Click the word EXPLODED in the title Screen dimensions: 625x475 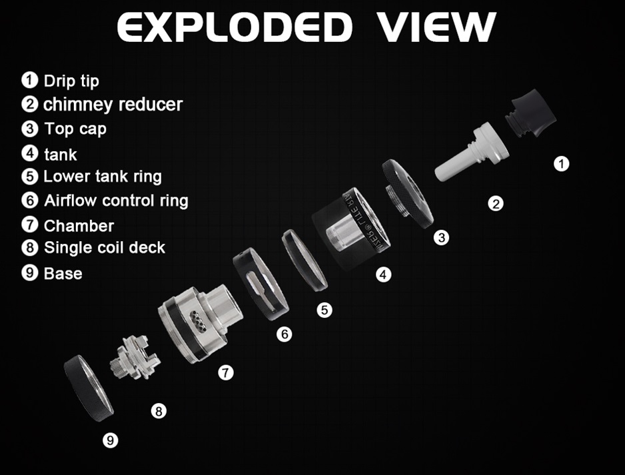click(x=235, y=27)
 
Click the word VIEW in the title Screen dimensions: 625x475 click(x=436, y=27)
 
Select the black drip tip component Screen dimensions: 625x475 click(x=530, y=113)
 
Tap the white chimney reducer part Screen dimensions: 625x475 click(x=472, y=152)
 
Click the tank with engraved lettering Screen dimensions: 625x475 click(x=351, y=230)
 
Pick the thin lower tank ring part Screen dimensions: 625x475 click(x=305, y=259)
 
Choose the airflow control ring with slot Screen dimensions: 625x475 click(x=261, y=284)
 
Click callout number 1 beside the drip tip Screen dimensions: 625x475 click(x=561, y=163)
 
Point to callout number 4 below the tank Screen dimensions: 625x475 click(x=383, y=274)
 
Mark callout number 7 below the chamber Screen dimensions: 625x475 click(x=226, y=372)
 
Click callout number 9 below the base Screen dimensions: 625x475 click(x=111, y=440)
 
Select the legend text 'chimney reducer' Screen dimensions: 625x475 click(x=113, y=105)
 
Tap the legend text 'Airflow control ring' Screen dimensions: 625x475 click(x=116, y=201)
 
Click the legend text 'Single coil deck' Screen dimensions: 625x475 click(x=105, y=248)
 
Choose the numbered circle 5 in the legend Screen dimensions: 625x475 click(x=29, y=177)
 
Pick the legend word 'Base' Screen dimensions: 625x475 click(x=63, y=274)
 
